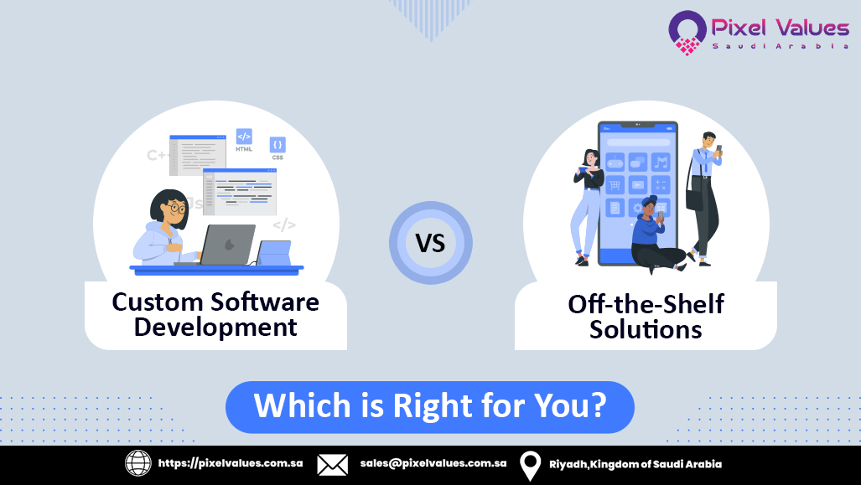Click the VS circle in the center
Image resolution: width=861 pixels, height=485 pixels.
coord(430,243)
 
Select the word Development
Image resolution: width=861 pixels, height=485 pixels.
coord(215,328)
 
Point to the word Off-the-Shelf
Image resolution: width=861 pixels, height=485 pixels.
coord(646,303)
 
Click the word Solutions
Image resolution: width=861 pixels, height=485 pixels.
coord(646,329)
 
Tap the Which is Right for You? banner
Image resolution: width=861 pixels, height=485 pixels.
coord(430,406)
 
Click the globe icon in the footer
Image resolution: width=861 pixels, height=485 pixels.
coord(138,464)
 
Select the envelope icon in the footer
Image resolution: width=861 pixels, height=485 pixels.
coord(332,464)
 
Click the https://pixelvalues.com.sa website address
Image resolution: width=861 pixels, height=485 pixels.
coord(231,464)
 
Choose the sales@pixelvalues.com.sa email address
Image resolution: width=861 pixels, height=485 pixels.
coord(433,464)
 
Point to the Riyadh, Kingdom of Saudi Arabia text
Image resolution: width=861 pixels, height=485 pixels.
coord(635,464)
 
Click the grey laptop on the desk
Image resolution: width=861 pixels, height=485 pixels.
coord(226,245)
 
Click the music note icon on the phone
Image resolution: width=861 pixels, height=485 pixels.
coord(661,161)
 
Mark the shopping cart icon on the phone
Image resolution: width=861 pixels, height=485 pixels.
coord(615,185)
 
